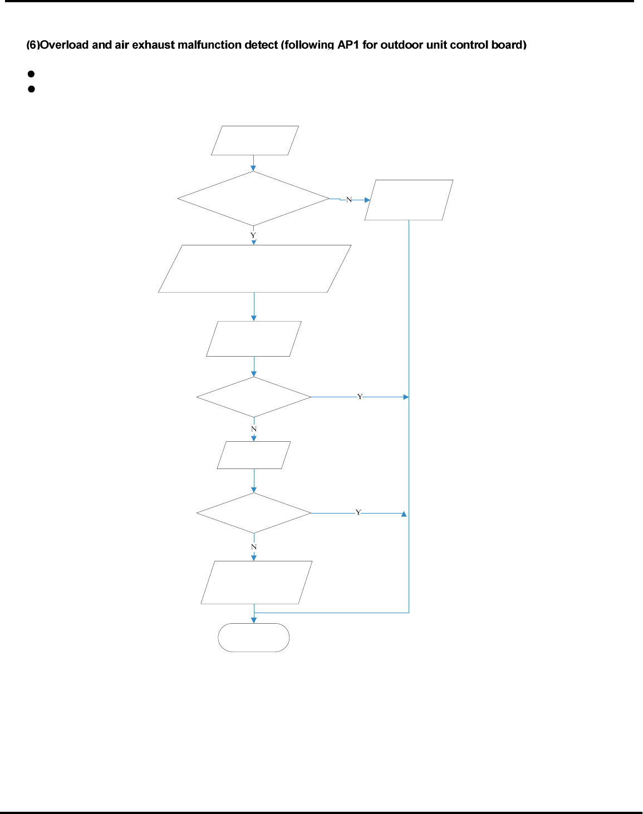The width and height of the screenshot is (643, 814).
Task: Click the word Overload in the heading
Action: pos(65,45)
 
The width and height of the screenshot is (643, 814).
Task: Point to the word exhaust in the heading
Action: pos(153,45)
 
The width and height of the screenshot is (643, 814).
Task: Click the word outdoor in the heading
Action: pos(399,45)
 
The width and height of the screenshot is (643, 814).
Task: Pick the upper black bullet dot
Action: pos(31,73)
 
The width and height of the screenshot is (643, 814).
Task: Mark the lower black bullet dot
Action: pos(31,88)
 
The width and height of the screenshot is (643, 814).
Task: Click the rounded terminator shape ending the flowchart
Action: pos(254,638)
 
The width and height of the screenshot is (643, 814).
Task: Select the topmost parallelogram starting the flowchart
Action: pos(255,140)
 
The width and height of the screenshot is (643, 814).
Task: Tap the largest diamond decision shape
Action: pos(253,199)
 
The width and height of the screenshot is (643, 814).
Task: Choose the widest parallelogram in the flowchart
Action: pos(254,269)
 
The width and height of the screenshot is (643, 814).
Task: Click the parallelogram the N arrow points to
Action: pos(409,200)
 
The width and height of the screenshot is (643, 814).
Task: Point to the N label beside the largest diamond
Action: pos(349,199)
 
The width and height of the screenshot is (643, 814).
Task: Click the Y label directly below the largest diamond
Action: pos(253,235)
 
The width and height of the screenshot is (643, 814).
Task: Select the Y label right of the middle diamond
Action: pos(360,397)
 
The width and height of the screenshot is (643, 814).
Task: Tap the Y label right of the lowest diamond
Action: pos(359,512)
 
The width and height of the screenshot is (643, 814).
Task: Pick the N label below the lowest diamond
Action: pos(254,547)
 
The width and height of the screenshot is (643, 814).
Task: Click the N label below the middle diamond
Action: pos(254,429)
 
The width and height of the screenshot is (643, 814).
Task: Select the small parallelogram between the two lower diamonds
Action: pos(254,455)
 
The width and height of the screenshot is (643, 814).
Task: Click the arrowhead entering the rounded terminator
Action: pos(254,620)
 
